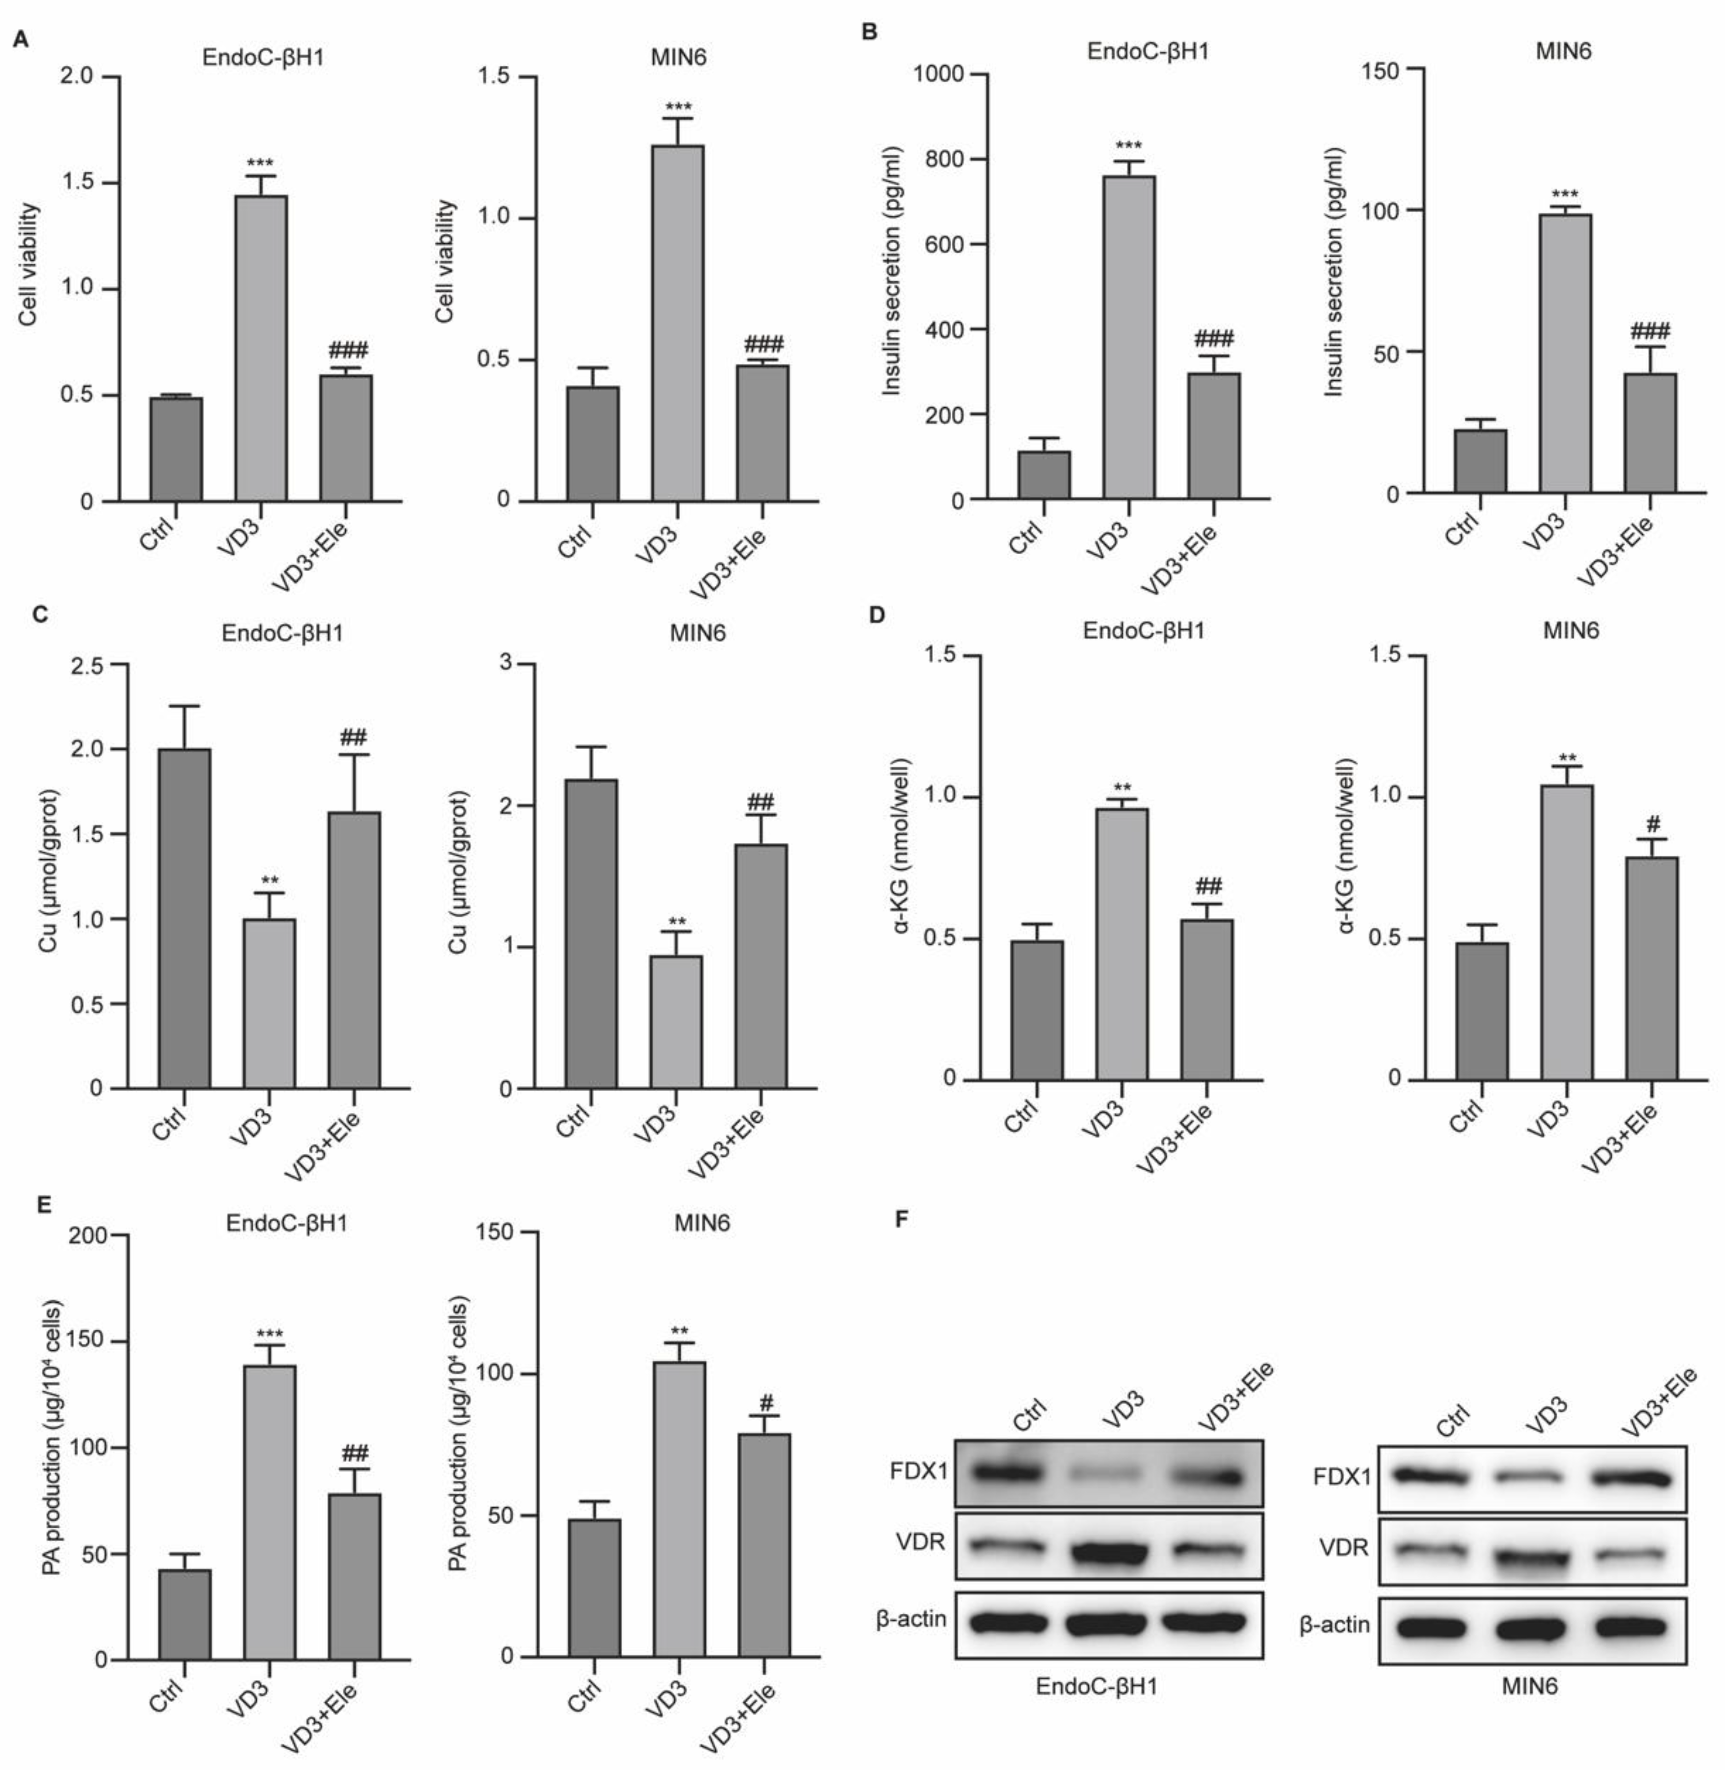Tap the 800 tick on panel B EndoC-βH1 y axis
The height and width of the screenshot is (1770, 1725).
pyautogui.click(x=951, y=159)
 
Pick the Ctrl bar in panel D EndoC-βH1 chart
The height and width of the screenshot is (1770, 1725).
pyautogui.click(x=1037, y=1010)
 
